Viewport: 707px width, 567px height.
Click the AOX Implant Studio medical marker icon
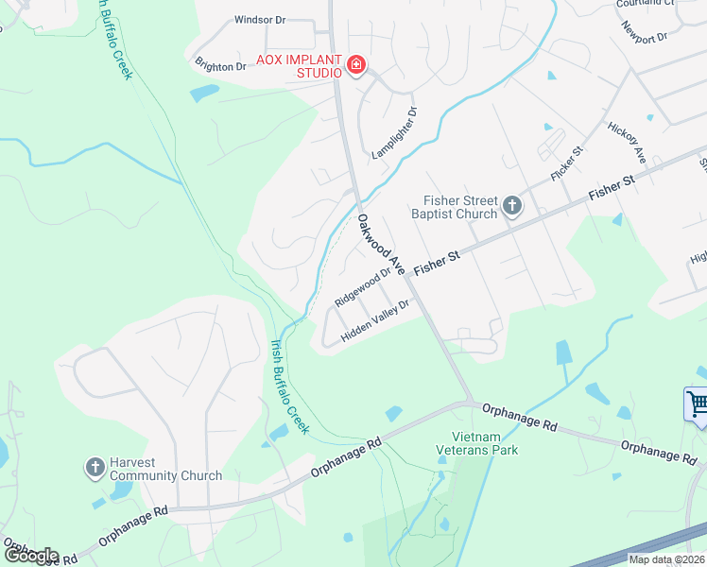click(356, 65)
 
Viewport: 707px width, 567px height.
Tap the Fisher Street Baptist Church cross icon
click(511, 206)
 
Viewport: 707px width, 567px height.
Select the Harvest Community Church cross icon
click(95, 468)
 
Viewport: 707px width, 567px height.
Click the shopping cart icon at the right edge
click(698, 404)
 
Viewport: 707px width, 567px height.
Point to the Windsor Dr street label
click(259, 19)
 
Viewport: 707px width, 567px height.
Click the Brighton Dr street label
click(220, 66)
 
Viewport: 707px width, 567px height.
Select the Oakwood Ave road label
click(381, 245)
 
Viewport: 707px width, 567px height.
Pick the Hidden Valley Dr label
click(375, 321)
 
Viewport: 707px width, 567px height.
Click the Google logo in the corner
click(30, 556)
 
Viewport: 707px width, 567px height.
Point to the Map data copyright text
click(666, 559)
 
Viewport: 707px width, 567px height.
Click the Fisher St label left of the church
click(436, 262)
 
